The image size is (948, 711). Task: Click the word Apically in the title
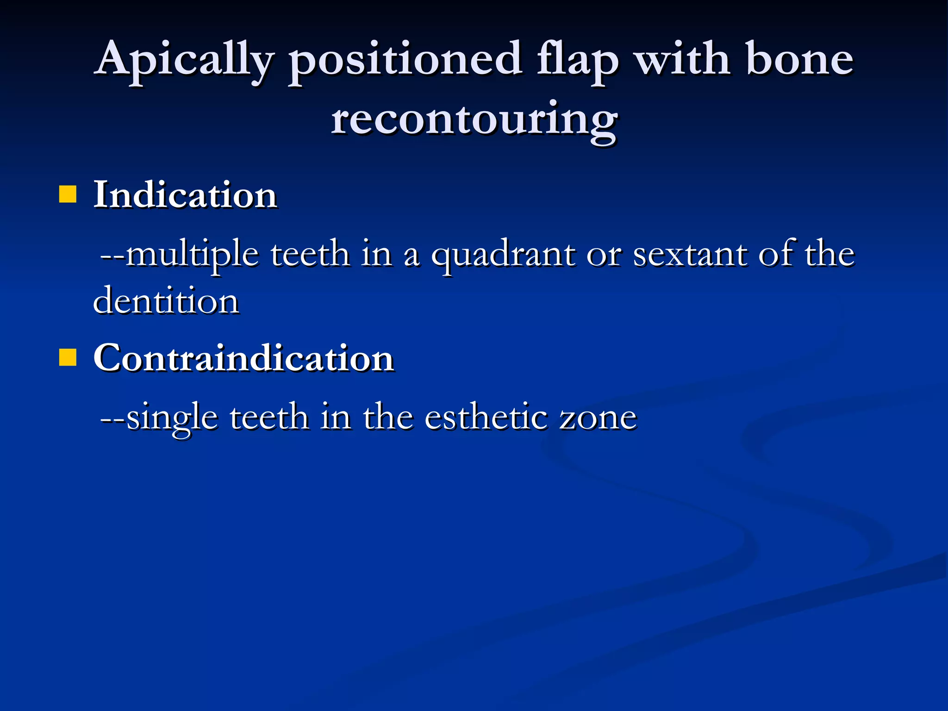185,60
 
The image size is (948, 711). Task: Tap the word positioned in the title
405,60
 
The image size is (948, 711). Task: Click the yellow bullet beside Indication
68,195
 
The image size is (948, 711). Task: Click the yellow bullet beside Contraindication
68,358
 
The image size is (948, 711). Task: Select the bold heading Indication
185,195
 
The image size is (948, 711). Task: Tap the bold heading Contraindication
243,358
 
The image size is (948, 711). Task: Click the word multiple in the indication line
192,255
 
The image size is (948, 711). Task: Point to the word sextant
690,255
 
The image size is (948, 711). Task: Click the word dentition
166,301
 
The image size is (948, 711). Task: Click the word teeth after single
269,417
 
